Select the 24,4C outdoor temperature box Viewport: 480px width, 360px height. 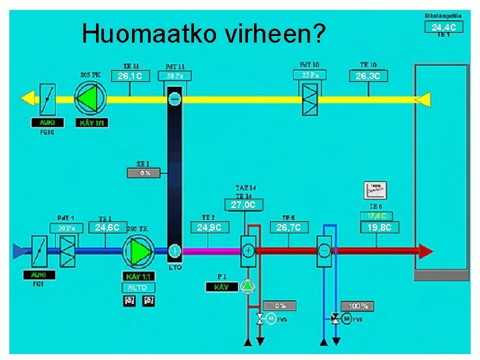click(443, 27)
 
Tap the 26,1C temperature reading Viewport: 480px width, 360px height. click(130, 77)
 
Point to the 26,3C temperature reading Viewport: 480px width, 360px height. click(368, 76)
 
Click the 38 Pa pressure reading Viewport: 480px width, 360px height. click(175, 76)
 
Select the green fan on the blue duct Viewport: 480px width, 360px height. click(141, 251)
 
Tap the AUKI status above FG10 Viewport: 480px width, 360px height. click(47, 123)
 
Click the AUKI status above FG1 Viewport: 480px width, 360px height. click(38, 275)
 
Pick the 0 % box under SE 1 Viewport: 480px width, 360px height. click(145, 173)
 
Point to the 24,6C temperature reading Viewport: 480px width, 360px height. click(107, 228)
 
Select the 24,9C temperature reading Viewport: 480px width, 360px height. click(210, 228)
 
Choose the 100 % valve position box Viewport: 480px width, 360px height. click(358, 306)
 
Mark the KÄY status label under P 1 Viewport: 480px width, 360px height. click(221, 287)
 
